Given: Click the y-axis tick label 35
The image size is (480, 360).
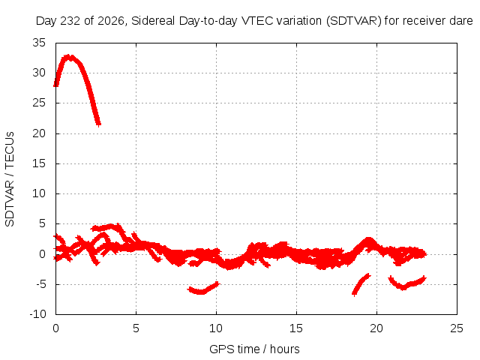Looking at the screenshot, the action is pyautogui.click(x=39, y=43).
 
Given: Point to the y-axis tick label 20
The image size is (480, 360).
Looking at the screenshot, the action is pyautogui.click(x=39, y=133).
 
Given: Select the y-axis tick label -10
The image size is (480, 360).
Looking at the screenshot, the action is pyautogui.click(x=38, y=313).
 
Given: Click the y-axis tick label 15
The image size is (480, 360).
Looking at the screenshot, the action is pyautogui.click(x=39, y=163).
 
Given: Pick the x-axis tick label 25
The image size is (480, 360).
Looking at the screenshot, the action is pyautogui.click(x=457, y=328).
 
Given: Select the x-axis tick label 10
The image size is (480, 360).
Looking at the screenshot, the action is pyautogui.click(x=216, y=328).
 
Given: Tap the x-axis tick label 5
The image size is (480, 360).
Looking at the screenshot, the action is pyautogui.click(x=136, y=328).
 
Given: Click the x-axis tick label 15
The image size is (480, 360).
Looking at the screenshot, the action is pyautogui.click(x=296, y=328).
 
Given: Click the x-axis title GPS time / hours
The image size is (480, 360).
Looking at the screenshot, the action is pyautogui.click(x=254, y=349).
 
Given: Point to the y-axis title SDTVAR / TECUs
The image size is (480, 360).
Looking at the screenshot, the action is pyautogui.click(x=10, y=179).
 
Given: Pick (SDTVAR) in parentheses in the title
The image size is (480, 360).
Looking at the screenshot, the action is pyautogui.click(x=353, y=21).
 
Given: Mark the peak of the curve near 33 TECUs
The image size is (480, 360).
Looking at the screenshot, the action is pyautogui.click(x=69, y=57).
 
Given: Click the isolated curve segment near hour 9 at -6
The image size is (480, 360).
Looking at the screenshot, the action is pyautogui.click(x=203, y=289).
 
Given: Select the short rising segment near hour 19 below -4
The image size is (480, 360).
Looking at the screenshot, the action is pyautogui.click(x=361, y=285).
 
